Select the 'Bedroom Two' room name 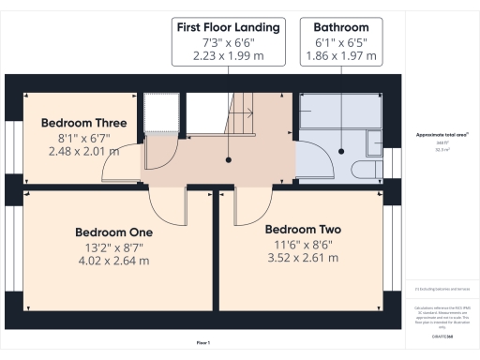click(302, 229)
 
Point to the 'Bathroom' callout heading click(341, 27)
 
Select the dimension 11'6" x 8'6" click(302, 244)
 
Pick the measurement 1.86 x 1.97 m click(341, 57)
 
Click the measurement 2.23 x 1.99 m click(228, 57)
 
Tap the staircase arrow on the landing click(246, 114)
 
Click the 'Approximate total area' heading click(441, 135)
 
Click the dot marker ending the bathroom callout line click(341, 153)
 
